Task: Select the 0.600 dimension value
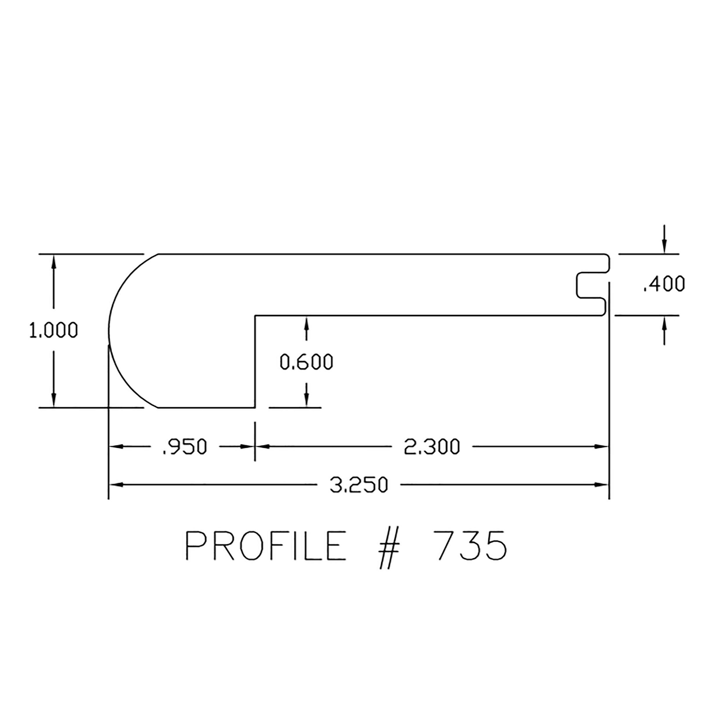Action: click(307, 362)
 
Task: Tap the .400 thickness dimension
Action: click(664, 284)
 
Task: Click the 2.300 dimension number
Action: click(432, 447)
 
